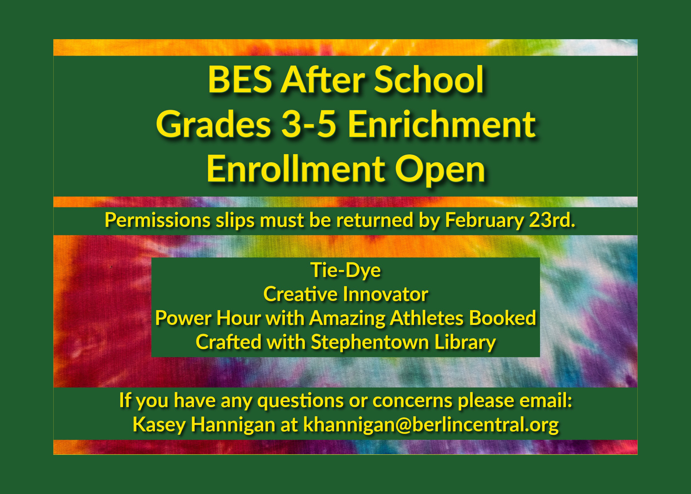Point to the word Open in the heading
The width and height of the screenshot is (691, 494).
(440, 170)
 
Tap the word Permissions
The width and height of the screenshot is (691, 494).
(157, 220)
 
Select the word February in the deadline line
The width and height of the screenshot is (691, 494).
(484, 220)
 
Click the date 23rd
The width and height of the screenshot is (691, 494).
(552, 220)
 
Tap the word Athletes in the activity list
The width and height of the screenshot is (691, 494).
(426, 318)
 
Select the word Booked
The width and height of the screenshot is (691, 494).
(503, 318)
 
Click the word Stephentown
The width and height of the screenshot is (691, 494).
(370, 342)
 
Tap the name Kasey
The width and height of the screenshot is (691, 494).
(159, 425)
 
